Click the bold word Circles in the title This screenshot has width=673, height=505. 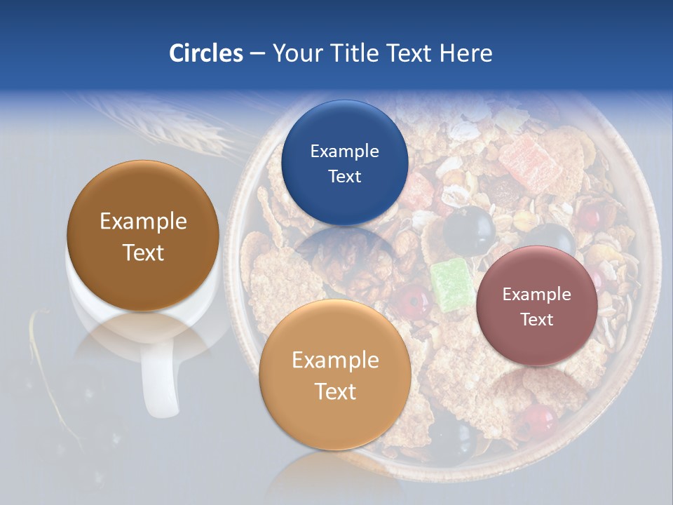point(205,53)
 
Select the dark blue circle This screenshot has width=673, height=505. point(344,163)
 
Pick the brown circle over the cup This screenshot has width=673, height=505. point(143,236)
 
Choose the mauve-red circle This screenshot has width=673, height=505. point(537,306)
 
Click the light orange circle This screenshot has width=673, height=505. point(335,375)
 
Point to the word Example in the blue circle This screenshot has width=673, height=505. point(344,151)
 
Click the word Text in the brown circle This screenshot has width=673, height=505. point(143,252)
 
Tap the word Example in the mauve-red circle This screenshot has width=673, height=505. point(537,294)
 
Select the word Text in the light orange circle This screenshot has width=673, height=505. point(335,391)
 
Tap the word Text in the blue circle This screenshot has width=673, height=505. point(344,176)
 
